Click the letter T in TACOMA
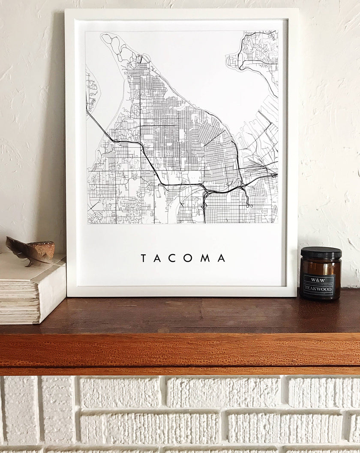tap(144, 258)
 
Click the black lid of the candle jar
tap(321, 253)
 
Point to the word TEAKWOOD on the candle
tap(318, 289)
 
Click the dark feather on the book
tap(26, 250)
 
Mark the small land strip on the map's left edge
tap(91, 90)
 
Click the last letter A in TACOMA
tap(221, 258)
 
